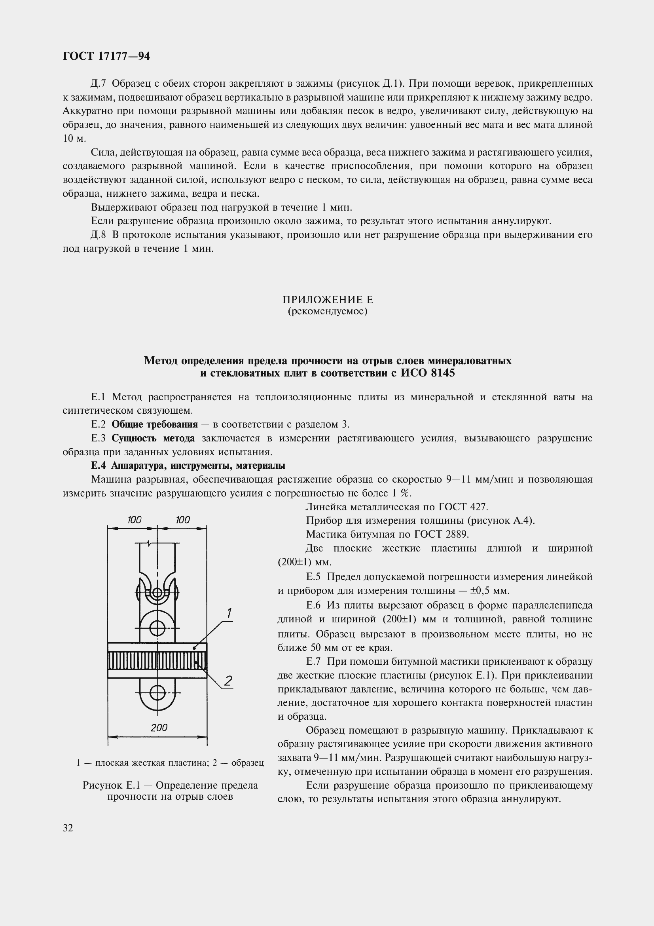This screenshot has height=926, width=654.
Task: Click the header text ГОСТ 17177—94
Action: [106, 57]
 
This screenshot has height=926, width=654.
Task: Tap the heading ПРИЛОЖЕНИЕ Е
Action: [327, 300]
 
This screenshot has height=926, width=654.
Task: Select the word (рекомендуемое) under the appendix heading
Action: [327, 311]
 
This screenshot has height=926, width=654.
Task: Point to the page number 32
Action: [68, 828]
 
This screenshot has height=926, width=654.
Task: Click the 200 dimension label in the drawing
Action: [159, 728]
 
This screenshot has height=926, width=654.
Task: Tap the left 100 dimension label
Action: [134, 520]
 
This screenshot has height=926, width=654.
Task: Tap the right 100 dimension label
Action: [182, 520]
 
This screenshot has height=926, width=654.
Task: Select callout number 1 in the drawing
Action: [229, 613]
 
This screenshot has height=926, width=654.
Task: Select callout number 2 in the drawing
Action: [228, 681]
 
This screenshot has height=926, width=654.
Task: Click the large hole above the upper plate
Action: [157, 627]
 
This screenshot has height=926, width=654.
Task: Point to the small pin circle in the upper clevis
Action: [157, 593]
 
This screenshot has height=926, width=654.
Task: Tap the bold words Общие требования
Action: [155, 424]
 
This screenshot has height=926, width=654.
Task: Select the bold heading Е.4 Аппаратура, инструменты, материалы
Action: [188, 466]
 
